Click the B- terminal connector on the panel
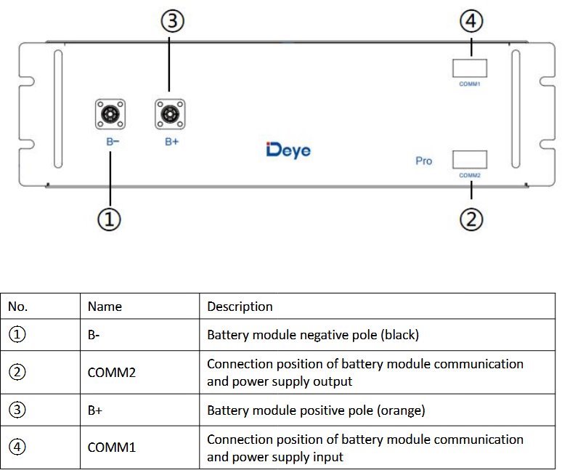pyautogui.click(x=110, y=115)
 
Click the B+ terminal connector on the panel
pyautogui.click(x=170, y=115)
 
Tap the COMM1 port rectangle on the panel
pyautogui.click(x=470, y=68)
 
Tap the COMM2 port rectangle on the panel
pyautogui.click(x=470, y=160)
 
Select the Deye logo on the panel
pyautogui.click(x=288, y=150)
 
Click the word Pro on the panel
pyautogui.click(x=423, y=161)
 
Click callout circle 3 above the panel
pyautogui.click(x=171, y=23)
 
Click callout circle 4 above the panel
pyautogui.click(x=471, y=23)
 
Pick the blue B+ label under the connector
pyautogui.click(x=171, y=142)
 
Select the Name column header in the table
pyautogui.click(x=105, y=307)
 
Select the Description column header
pyautogui.click(x=240, y=307)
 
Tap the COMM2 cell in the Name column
pyautogui.click(x=112, y=373)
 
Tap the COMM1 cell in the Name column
pyautogui.click(x=112, y=447)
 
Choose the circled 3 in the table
pyautogui.click(x=18, y=410)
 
